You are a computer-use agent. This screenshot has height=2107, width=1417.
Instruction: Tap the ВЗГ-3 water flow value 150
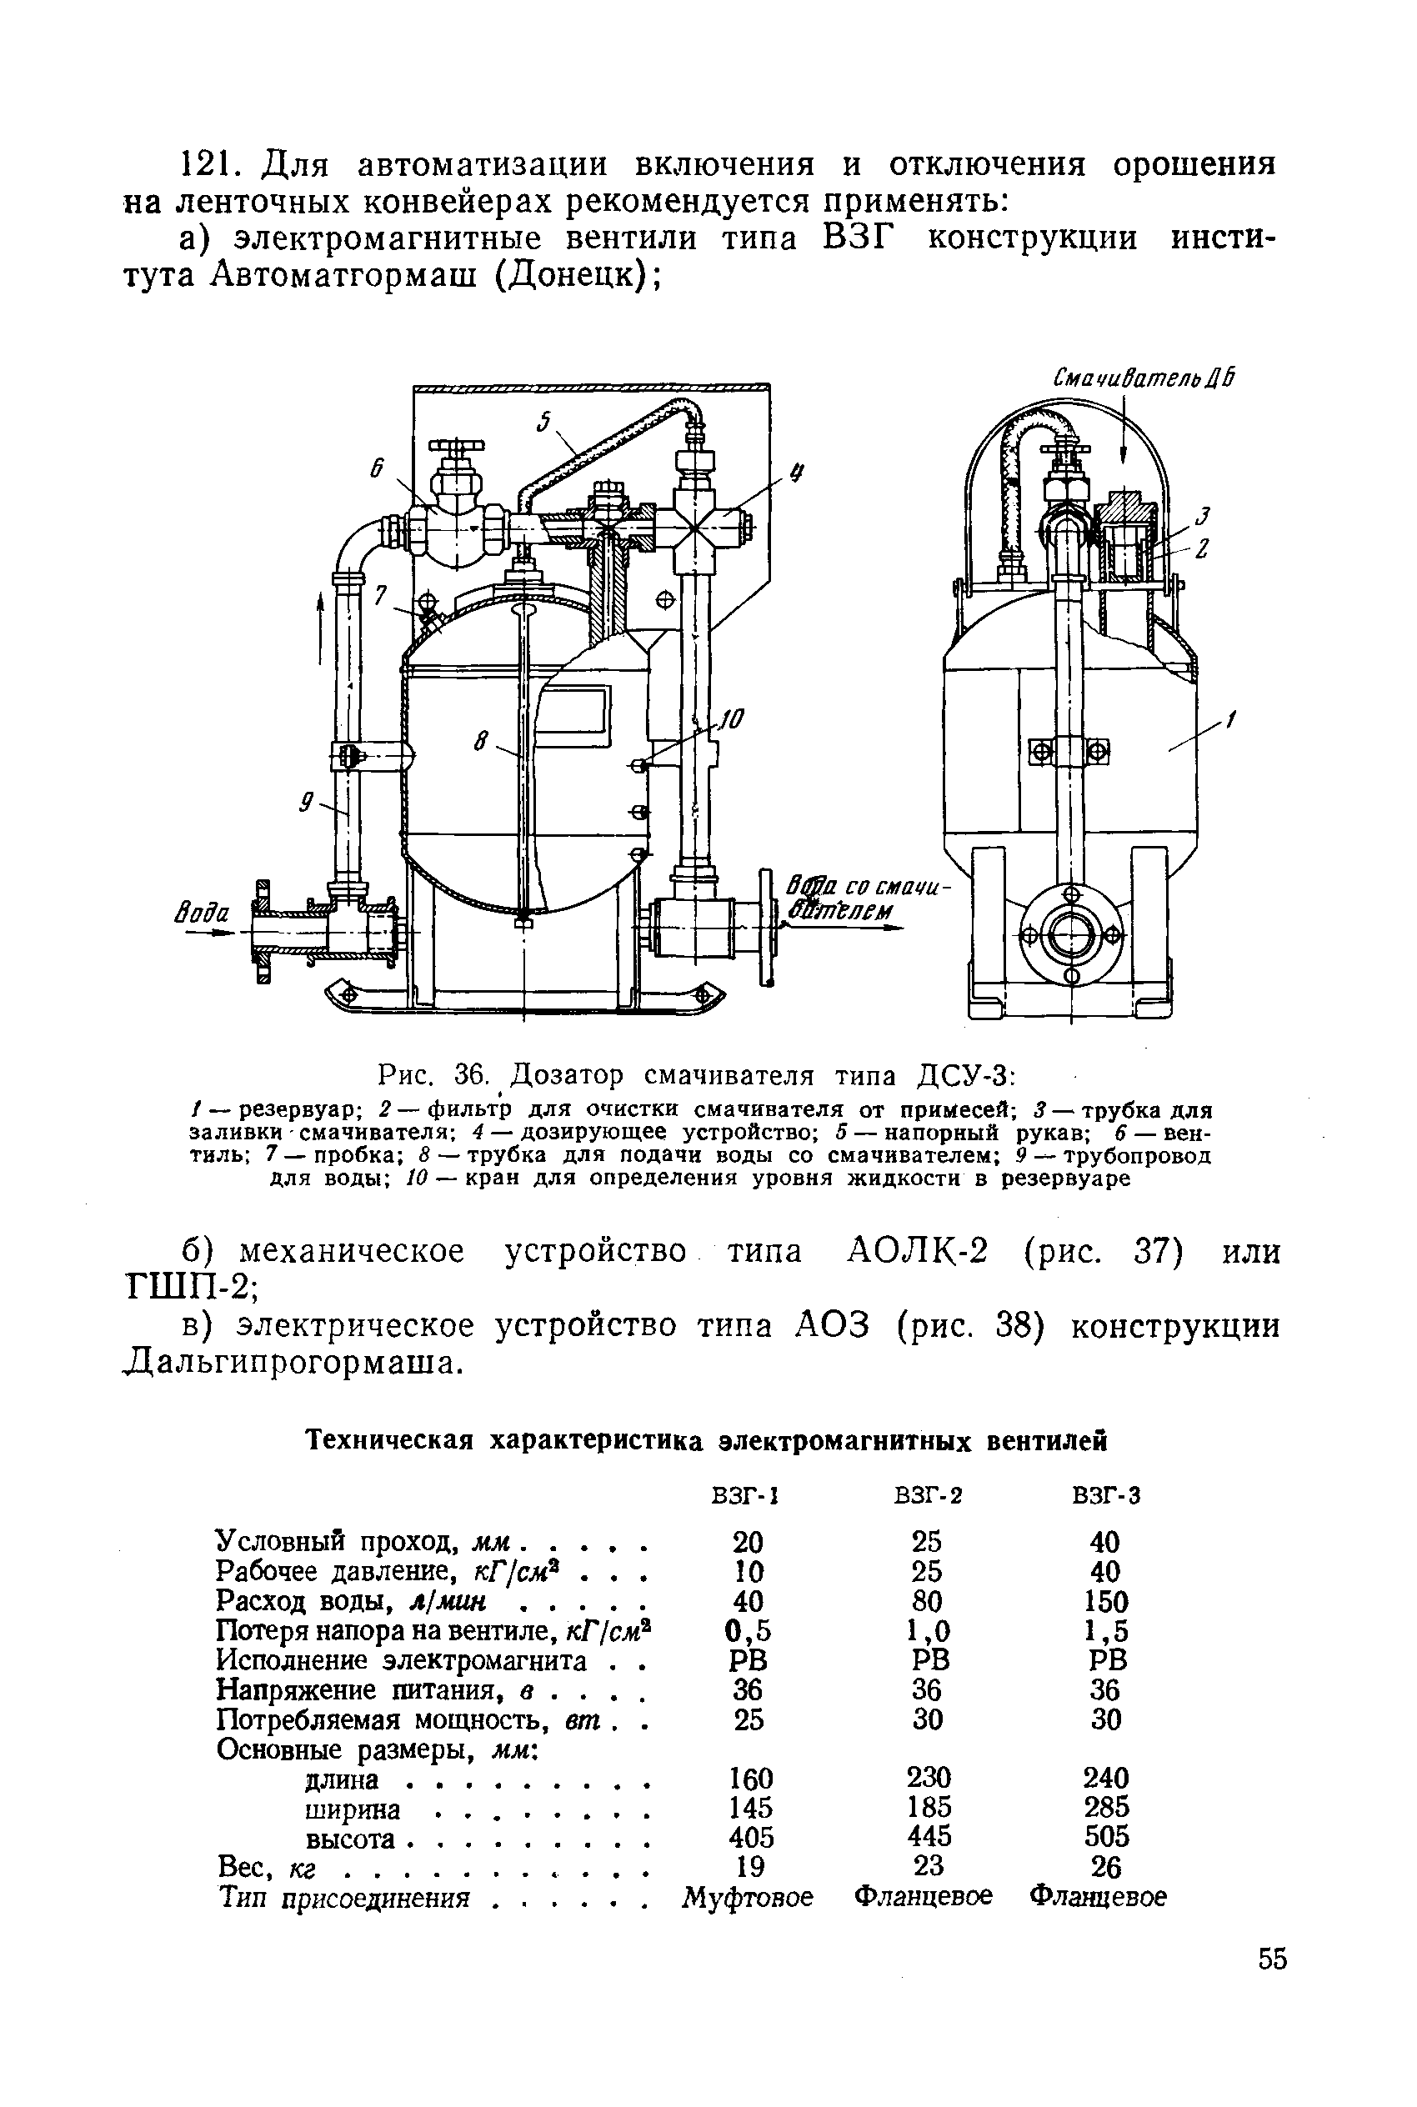tap(1106, 1602)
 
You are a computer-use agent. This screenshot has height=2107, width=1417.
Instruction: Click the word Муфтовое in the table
tap(749, 1895)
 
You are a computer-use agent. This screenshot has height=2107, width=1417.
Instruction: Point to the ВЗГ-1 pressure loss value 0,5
tap(750, 1631)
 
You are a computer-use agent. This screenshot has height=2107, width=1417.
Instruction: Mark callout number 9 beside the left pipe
tap(308, 800)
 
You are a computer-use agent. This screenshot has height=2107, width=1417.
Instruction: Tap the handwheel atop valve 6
tap(457, 445)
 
